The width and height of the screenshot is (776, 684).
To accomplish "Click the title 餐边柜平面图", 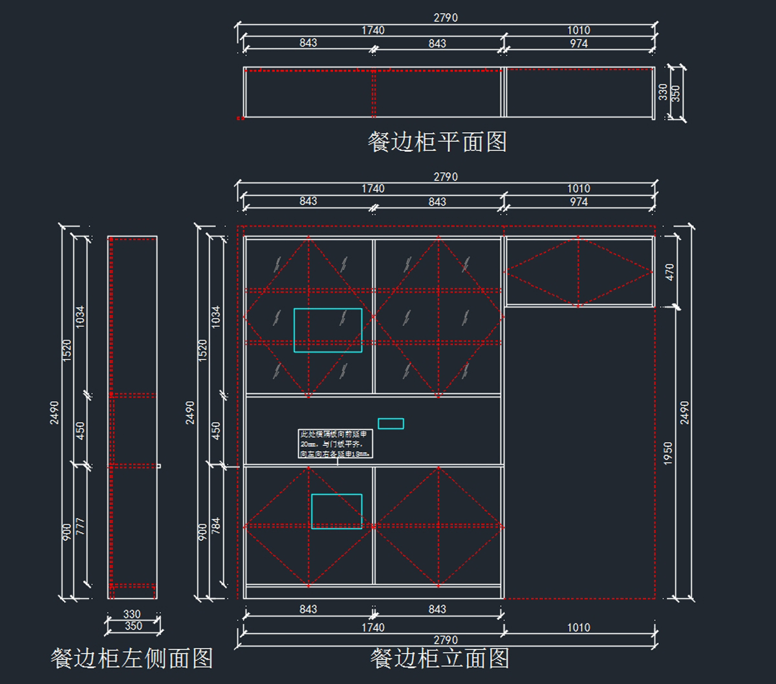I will (x=437, y=142).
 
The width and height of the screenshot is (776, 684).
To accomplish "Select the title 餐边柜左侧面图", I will (x=132, y=659).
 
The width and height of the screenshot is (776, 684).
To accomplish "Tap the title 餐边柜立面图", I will (x=440, y=659).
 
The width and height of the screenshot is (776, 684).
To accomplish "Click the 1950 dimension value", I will (x=669, y=453).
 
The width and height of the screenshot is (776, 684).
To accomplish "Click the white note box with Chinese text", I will (x=336, y=444).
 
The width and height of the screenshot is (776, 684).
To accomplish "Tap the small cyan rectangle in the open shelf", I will (x=391, y=423).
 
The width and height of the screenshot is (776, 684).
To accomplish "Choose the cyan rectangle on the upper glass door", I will (x=328, y=330).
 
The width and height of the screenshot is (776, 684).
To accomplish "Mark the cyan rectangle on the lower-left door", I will (x=337, y=511).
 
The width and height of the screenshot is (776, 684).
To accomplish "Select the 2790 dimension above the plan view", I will (x=446, y=18).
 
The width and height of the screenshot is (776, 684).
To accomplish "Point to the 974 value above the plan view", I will (x=579, y=43).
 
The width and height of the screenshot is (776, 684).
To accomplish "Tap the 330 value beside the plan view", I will (x=663, y=92).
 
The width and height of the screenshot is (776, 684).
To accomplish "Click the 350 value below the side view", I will (x=133, y=626).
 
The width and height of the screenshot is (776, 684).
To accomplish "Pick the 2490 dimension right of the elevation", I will (x=685, y=412).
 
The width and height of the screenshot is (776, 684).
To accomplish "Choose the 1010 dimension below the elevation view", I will (x=579, y=627).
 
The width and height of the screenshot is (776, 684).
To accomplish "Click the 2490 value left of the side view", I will (x=54, y=412).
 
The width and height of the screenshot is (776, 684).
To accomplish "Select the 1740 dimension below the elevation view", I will (x=373, y=627).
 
